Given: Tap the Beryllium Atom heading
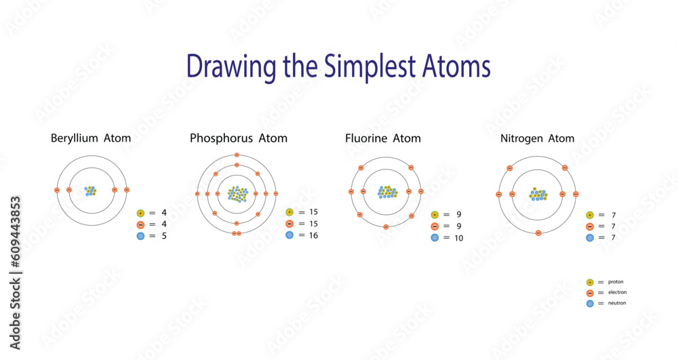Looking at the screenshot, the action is [x=91, y=138].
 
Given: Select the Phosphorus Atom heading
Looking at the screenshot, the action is [x=239, y=138].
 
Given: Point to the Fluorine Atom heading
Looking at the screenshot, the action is [x=382, y=138].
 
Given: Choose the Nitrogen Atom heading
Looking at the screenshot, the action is [x=538, y=139].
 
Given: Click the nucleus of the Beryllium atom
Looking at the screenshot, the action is [x=91, y=191].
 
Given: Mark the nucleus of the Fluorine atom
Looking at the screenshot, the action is [x=387, y=192].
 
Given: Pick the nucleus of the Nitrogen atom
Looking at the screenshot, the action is [x=538, y=195].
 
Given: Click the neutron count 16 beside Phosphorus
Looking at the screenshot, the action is [x=313, y=235].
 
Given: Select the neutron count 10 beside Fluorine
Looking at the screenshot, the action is [x=458, y=238].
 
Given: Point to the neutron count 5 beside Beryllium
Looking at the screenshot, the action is [x=164, y=236].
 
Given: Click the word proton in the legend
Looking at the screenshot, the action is [x=616, y=282].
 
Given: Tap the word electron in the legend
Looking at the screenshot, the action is [x=618, y=292].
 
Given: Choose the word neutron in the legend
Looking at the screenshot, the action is [x=617, y=303].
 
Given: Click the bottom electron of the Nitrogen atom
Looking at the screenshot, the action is [x=538, y=233].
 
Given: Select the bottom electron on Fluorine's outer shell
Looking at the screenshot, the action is [x=386, y=227].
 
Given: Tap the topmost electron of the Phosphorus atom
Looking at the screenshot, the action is [x=237, y=155].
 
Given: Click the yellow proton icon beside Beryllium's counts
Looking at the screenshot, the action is [x=140, y=213].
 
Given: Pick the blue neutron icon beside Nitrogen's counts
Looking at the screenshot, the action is [x=590, y=238].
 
